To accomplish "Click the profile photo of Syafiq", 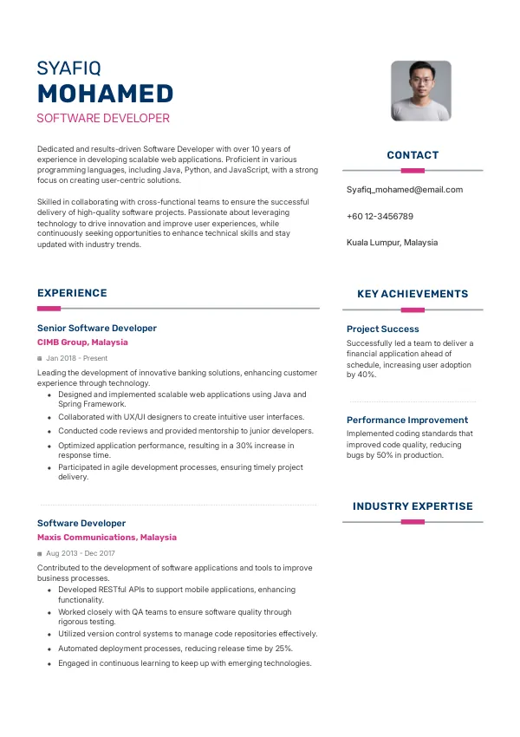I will point(421,90).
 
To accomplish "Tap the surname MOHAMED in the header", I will point(106,94).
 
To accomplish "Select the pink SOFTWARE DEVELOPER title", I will point(103,118).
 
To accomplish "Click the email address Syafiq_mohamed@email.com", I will point(405,189).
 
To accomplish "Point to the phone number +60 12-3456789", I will point(380,216).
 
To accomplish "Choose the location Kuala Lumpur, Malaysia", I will point(392,242).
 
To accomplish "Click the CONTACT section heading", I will point(413,155).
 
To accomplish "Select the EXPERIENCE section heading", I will point(72,293).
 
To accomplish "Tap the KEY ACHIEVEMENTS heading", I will point(413,294).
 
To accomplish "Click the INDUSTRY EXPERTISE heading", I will point(413,506).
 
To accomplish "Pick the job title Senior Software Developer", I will point(97,328).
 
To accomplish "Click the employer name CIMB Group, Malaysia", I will point(82,342).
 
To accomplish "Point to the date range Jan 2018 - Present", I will point(77,358).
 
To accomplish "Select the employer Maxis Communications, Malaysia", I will point(107,538).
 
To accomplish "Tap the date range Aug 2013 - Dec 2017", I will point(81,553).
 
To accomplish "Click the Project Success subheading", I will point(382,329).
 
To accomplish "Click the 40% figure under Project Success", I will point(367,375).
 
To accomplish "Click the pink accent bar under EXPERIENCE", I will point(49,308).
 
